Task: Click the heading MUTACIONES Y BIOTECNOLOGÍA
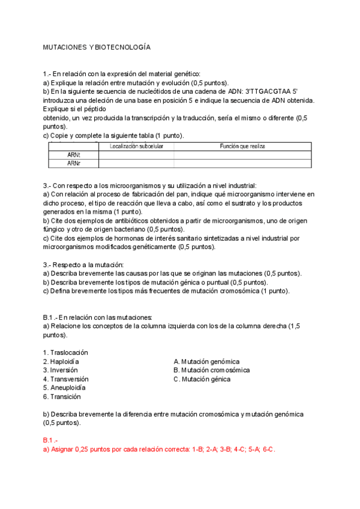[96, 47]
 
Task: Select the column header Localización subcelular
[136, 146]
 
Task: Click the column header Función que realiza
[242, 146]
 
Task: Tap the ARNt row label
[73, 154]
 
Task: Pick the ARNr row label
[73, 163]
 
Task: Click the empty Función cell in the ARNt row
[242, 154]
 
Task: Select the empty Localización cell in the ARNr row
[136, 163]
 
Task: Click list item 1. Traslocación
[65, 352]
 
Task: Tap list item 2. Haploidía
[61, 361]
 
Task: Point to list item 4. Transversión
[66, 379]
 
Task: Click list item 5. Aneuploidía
[64, 388]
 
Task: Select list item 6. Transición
[62, 397]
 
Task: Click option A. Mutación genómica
[206, 361]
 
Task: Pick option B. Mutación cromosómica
[211, 370]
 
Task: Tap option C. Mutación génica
[202, 379]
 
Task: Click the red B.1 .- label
[52, 440]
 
